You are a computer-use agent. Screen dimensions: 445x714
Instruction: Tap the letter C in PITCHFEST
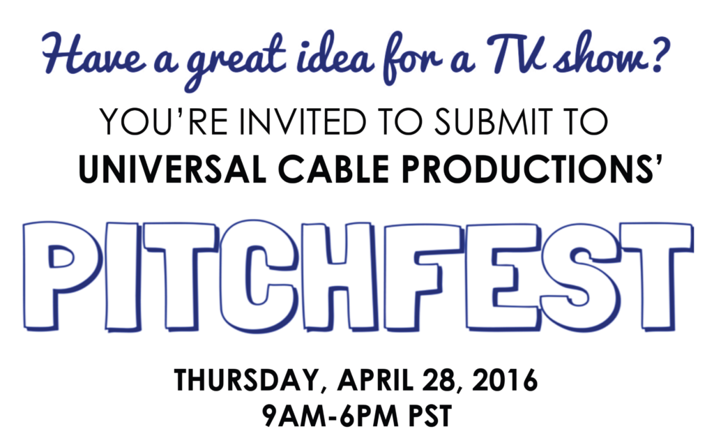coord(264,276)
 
